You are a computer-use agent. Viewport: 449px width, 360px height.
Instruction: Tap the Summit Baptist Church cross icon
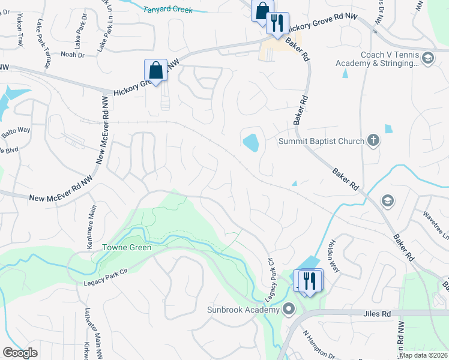click(x=373, y=141)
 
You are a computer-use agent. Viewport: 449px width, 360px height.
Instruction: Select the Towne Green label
click(x=126, y=247)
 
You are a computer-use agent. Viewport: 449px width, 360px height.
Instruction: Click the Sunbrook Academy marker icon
click(x=289, y=310)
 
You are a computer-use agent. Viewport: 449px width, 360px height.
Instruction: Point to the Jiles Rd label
click(x=377, y=314)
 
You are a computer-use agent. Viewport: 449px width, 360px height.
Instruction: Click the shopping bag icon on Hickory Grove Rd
click(x=156, y=70)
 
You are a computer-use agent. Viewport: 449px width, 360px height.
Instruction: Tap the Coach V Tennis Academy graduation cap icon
click(x=427, y=59)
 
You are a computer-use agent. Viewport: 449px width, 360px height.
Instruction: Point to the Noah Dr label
click(x=73, y=55)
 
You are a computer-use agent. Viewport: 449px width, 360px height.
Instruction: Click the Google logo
click(x=20, y=353)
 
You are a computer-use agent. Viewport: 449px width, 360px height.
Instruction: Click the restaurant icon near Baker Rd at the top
click(x=277, y=23)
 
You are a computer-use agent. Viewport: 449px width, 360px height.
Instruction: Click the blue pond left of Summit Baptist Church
click(x=251, y=143)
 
